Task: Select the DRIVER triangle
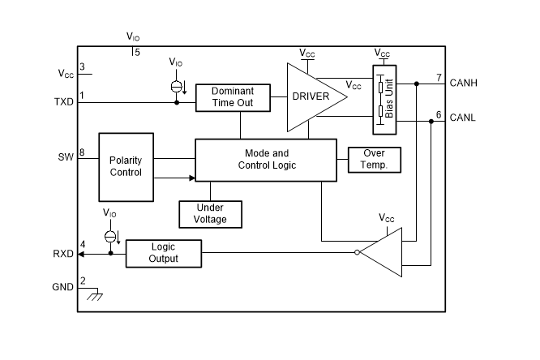312,96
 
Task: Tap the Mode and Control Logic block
266,159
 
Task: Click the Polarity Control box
126,166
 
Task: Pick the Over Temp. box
375,159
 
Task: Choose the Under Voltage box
210,213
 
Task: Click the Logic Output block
164,253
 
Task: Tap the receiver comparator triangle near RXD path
384,253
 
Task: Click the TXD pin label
63,103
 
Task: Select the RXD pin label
63,254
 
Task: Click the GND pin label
63,287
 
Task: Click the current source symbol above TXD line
177,86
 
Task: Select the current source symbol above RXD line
111,236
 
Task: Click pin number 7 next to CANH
439,78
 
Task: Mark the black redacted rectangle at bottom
369,324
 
